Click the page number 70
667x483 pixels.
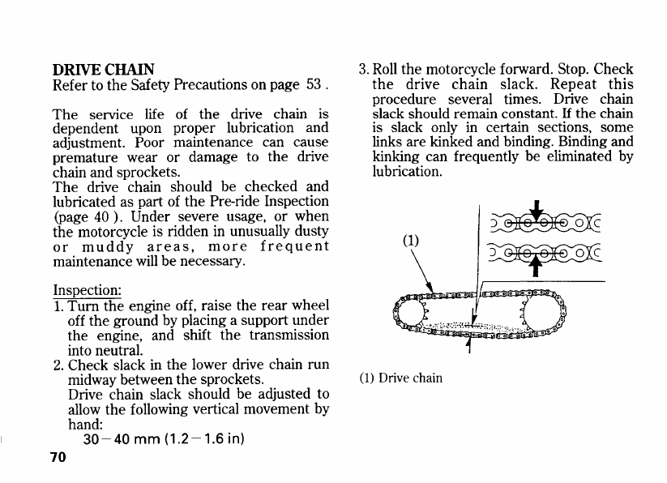(57, 457)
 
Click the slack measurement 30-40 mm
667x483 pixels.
(114, 439)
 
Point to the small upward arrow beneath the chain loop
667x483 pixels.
(470, 348)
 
